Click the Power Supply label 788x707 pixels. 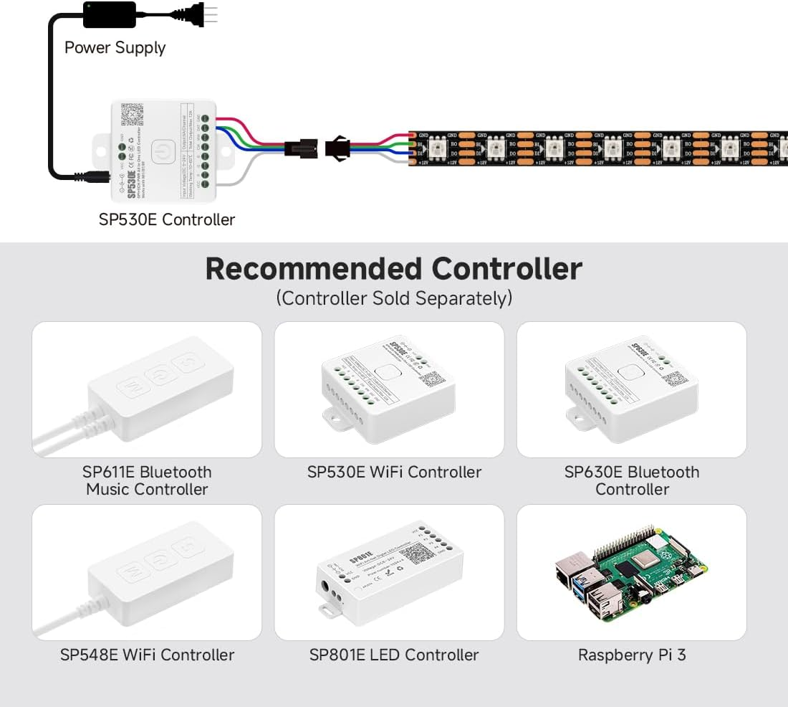[115, 48]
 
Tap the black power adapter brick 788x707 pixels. [109, 14]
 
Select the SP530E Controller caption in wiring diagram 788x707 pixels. [166, 219]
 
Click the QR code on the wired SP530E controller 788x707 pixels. [133, 114]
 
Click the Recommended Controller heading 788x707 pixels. [393, 269]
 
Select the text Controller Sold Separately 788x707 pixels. [394, 298]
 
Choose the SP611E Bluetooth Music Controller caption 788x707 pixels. [147, 480]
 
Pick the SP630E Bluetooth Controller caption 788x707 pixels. [631, 480]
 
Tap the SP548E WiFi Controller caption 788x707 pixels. [147, 655]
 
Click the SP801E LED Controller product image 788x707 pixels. [389, 574]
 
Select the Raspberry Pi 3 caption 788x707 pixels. [631, 655]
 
